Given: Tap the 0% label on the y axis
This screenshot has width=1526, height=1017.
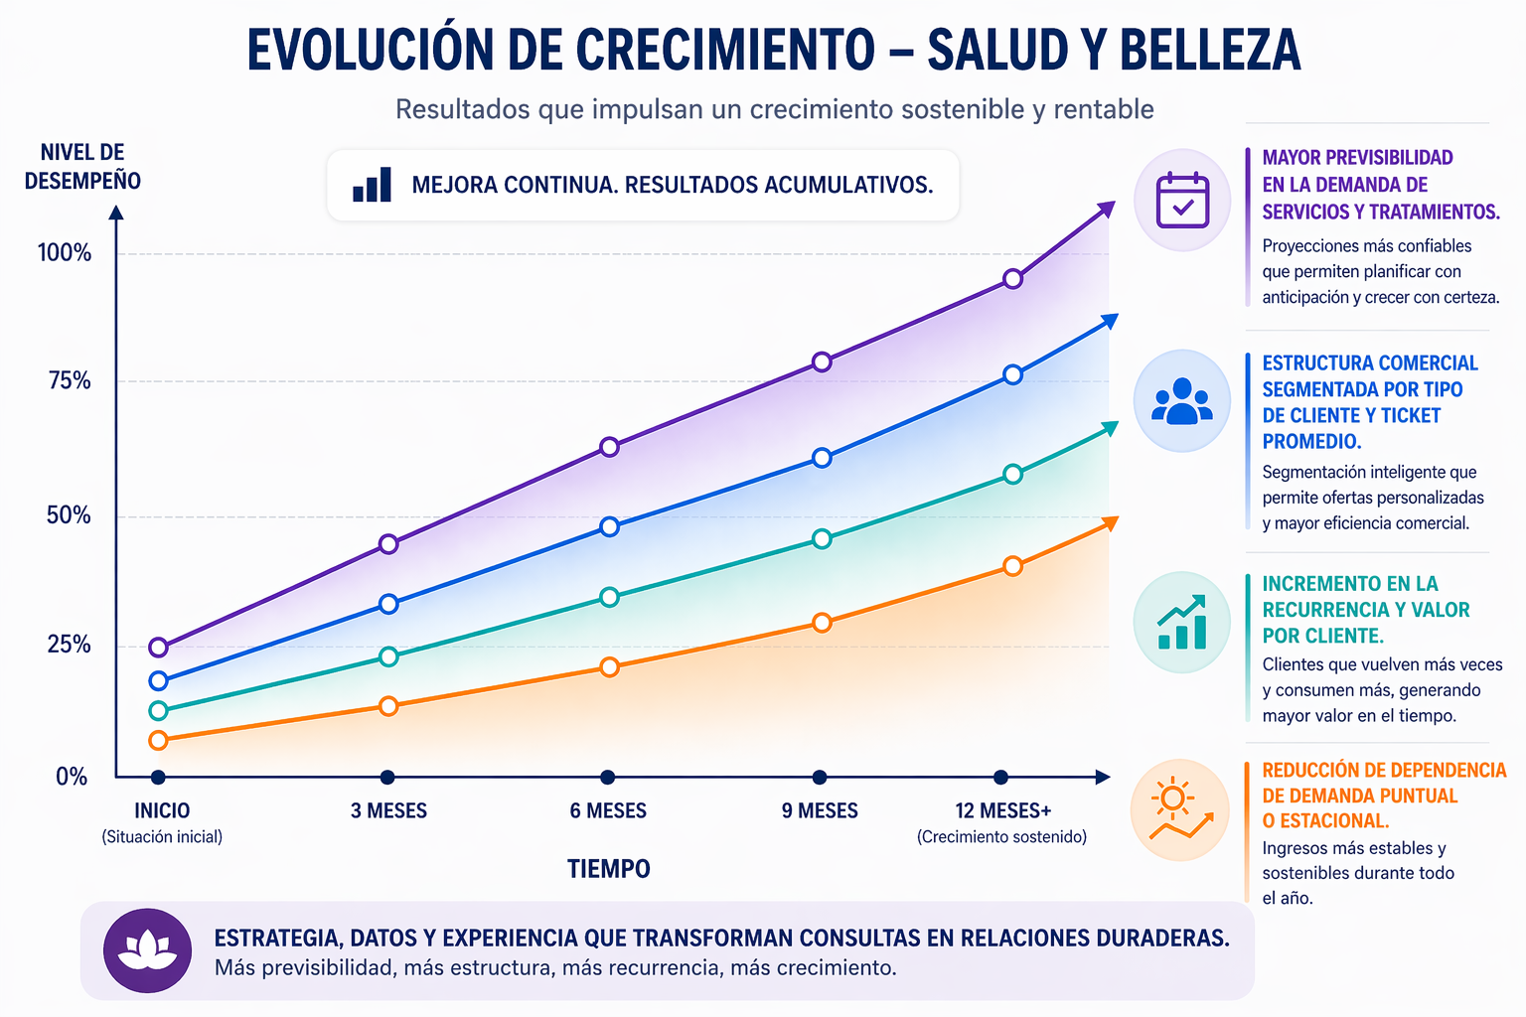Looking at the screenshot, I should [72, 777].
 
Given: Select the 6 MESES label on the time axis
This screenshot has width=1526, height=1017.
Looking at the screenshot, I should [608, 810].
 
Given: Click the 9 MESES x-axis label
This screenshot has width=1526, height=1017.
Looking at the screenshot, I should [820, 810].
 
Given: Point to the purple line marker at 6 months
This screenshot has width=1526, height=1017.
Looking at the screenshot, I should [609, 447].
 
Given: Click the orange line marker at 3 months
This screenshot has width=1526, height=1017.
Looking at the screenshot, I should [388, 706].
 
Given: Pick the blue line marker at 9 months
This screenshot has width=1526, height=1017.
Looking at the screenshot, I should [822, 458].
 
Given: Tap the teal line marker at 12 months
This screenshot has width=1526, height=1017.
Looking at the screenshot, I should [1012, 474].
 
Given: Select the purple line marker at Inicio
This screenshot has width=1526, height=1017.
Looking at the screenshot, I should [158, 648].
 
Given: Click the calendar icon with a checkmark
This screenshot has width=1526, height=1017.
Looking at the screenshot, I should [1182, 200].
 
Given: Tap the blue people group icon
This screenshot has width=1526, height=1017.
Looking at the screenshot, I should [1182, 401].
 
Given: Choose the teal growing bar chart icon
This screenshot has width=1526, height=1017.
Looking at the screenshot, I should [1182, 623].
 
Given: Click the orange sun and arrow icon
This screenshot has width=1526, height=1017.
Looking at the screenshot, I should [1180, 810].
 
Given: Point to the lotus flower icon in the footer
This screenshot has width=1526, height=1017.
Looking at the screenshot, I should [147, 950].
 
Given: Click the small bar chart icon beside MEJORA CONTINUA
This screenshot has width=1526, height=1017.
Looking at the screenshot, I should [373, 185].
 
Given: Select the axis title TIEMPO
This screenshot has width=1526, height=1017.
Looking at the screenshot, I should [608, 869].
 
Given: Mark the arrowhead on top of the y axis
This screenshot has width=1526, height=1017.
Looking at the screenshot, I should [116, 212].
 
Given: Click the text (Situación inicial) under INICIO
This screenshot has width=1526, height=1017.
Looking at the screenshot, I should [162, 837].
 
